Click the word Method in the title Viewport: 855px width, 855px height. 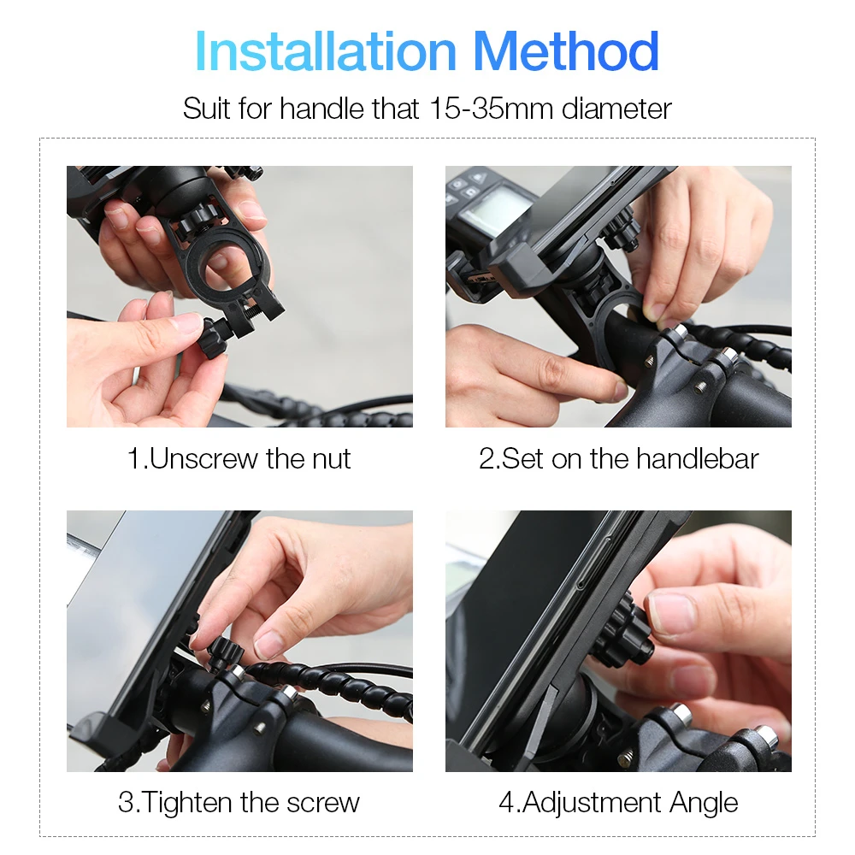click(x=566, y=52)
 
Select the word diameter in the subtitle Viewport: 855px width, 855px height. click(x=616, y=109)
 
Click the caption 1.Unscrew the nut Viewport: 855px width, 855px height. click(x=239, y=458)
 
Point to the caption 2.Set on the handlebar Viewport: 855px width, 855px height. click(x=618, y=458)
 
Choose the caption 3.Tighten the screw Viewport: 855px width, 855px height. click(x=239, y=802)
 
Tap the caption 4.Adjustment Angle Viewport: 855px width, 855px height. click(x=618, y=802)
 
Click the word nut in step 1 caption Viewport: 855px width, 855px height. click(x=331, y=458)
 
